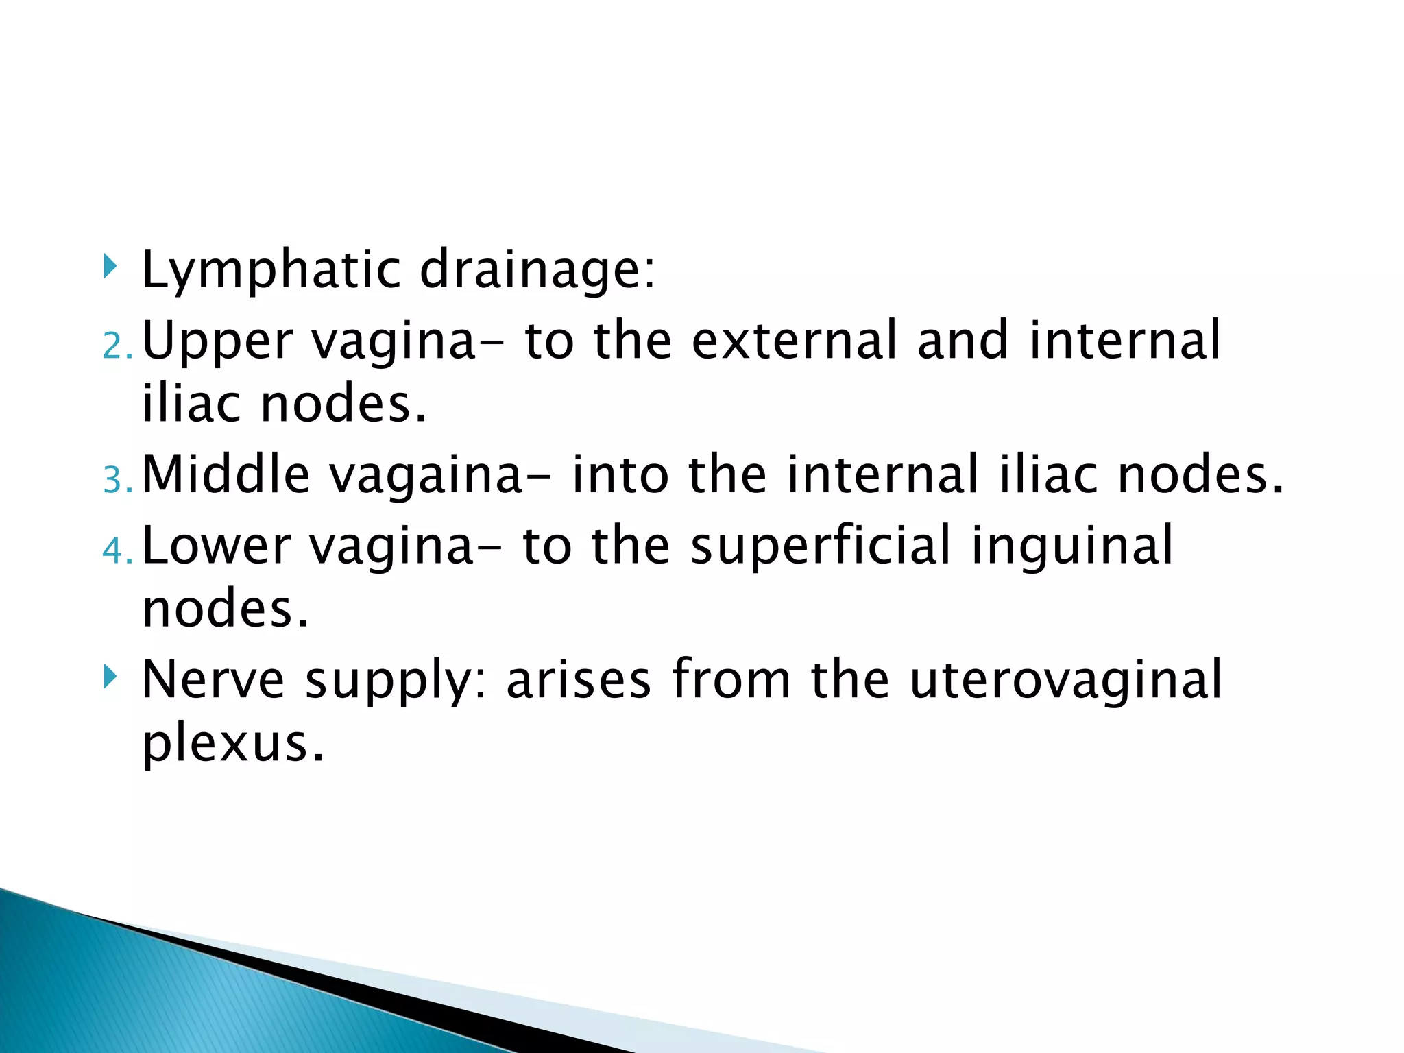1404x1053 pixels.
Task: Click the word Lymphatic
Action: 271,270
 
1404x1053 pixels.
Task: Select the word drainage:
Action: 537,270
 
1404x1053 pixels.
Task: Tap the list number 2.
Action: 117,347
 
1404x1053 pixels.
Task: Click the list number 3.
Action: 117,481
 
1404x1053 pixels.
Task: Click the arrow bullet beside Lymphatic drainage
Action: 110,266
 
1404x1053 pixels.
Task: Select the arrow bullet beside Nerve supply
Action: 110,677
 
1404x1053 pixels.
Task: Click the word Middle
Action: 226,474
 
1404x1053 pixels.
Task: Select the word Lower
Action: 216,545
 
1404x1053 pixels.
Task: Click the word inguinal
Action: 1072,545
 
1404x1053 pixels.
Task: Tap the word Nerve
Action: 213,679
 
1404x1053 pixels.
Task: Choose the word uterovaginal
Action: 1066,679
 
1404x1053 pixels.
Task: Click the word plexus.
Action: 232,743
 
